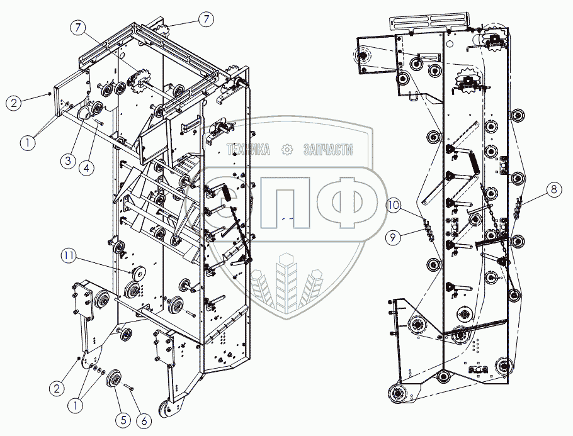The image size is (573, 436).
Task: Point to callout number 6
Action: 144,420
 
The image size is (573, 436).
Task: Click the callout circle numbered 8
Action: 552,188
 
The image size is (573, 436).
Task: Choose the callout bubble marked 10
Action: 394,205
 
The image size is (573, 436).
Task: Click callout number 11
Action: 69,255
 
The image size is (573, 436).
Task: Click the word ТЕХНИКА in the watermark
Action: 248,149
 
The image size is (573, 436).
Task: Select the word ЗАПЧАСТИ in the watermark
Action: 327,149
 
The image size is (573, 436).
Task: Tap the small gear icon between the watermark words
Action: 286,149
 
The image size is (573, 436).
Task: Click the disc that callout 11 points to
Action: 137,274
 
